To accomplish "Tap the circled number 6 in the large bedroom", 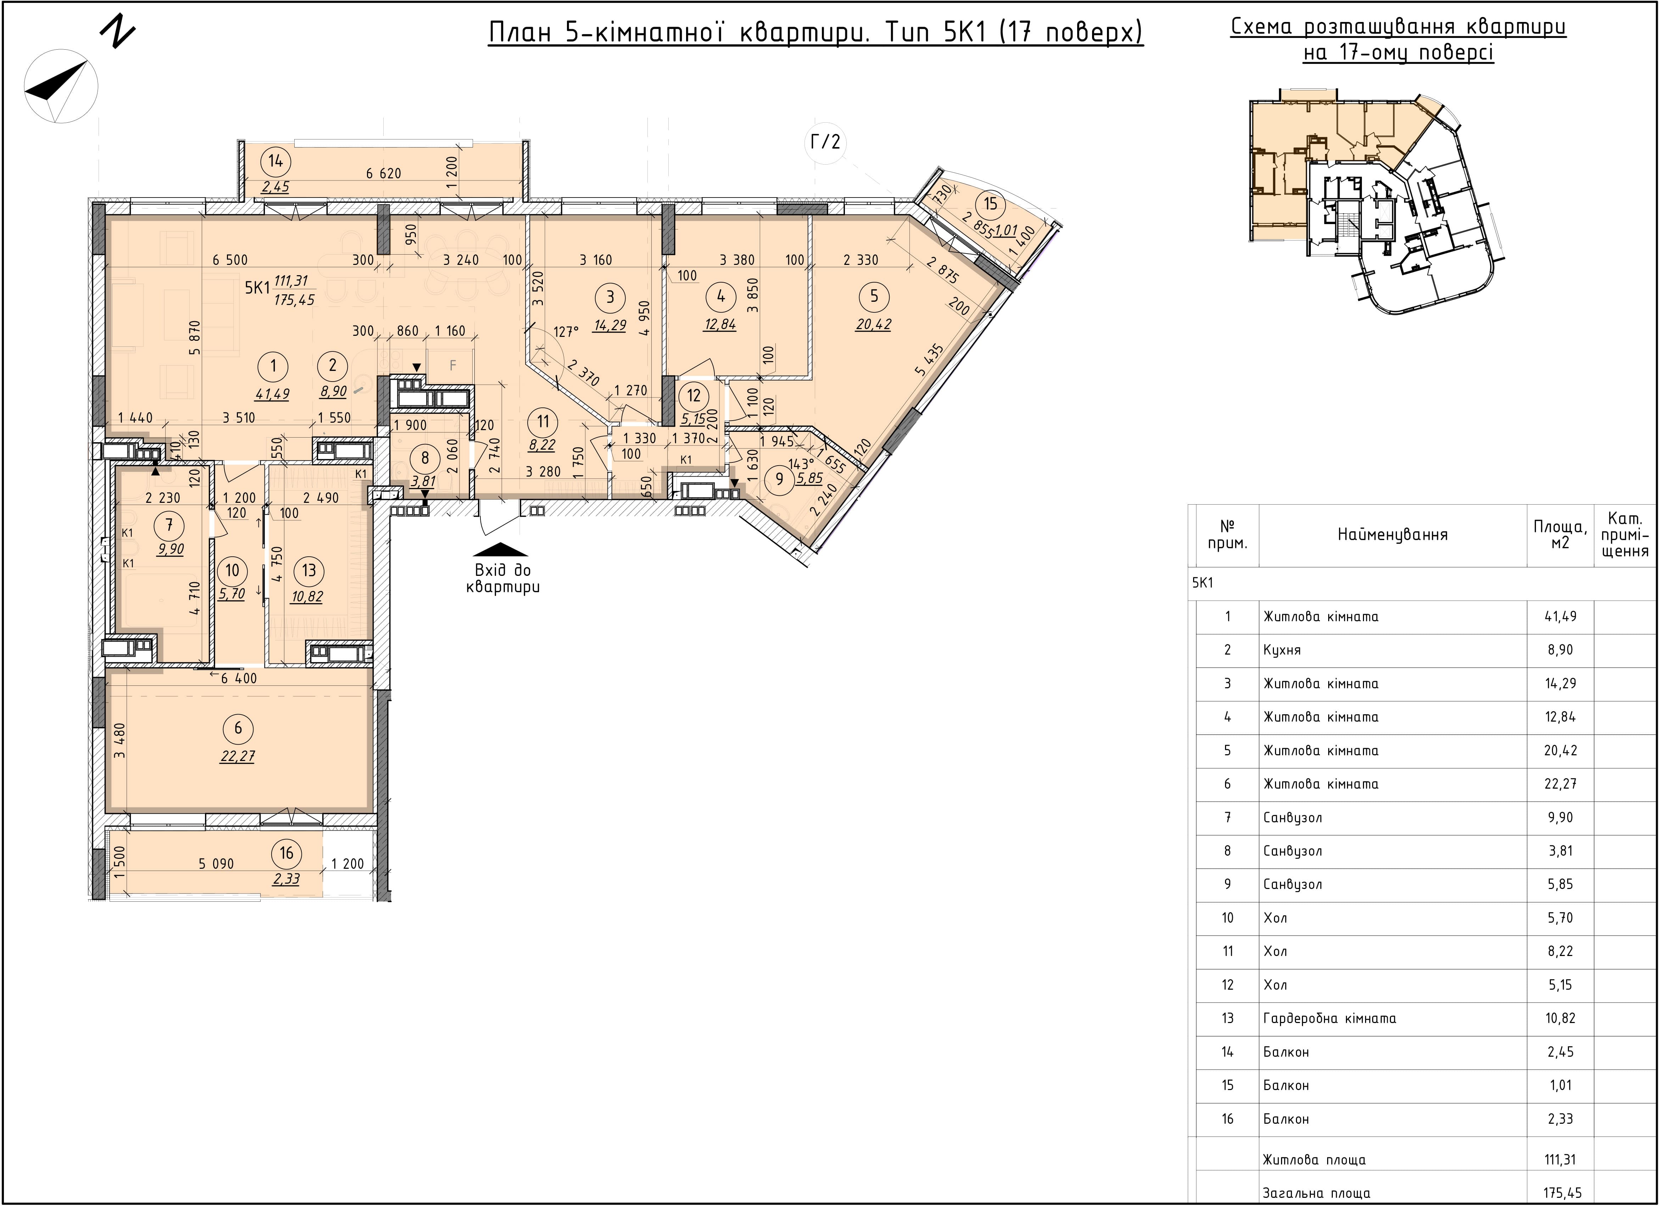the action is (x=238, y=728).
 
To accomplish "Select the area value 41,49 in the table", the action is (x=1560, y=617).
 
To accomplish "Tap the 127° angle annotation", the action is (x=566, y=332).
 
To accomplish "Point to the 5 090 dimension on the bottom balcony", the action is (x=217, y=864).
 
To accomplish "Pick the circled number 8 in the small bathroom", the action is (x=425, y=458).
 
